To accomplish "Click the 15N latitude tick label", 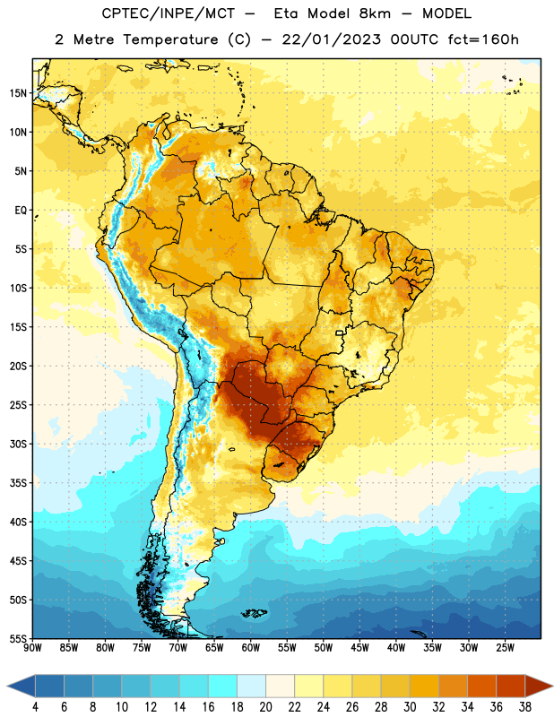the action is (x=18, y=93).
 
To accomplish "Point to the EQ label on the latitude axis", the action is (x=21, y=211).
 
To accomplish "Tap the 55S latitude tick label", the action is (x=18, y=638).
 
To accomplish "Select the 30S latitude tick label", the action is (x=18, y=444).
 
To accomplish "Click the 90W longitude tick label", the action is (x=32, y=648).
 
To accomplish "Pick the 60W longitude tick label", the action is (x=251, y=648).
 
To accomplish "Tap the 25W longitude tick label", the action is (x=505, y=648).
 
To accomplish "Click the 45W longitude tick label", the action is (x=359, y=648).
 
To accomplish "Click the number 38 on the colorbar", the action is (x=525, y=707).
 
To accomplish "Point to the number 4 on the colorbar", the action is (x=35, y=707).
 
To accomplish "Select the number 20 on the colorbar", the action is (x=265, y=707).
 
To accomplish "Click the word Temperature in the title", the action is (x=170, y=39).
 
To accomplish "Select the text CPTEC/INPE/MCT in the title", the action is (x=168, y=13).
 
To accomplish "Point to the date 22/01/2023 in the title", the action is (x=331, y=39).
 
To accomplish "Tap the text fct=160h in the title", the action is (x=483, y=39).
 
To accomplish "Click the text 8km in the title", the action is (x=375, y=13).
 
